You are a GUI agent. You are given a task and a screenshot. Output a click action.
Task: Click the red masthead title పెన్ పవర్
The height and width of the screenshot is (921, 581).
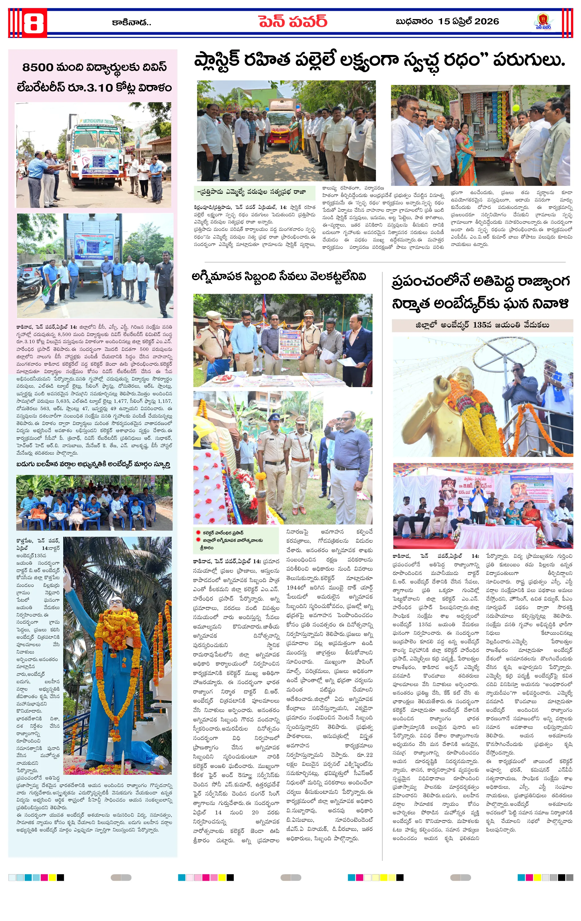292,21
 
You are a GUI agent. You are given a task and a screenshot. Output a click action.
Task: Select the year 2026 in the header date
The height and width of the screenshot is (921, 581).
486,21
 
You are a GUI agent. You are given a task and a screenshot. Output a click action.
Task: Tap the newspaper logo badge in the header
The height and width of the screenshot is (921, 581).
543,21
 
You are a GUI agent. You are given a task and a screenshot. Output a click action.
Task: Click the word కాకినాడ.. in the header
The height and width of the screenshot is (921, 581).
131,23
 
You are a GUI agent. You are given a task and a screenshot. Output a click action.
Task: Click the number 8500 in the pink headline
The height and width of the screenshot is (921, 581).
38,67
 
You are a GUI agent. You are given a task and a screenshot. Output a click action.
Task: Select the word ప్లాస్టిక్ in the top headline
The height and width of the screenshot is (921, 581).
217,60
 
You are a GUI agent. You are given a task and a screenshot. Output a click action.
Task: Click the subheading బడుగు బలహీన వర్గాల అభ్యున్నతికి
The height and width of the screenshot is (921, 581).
93,464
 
